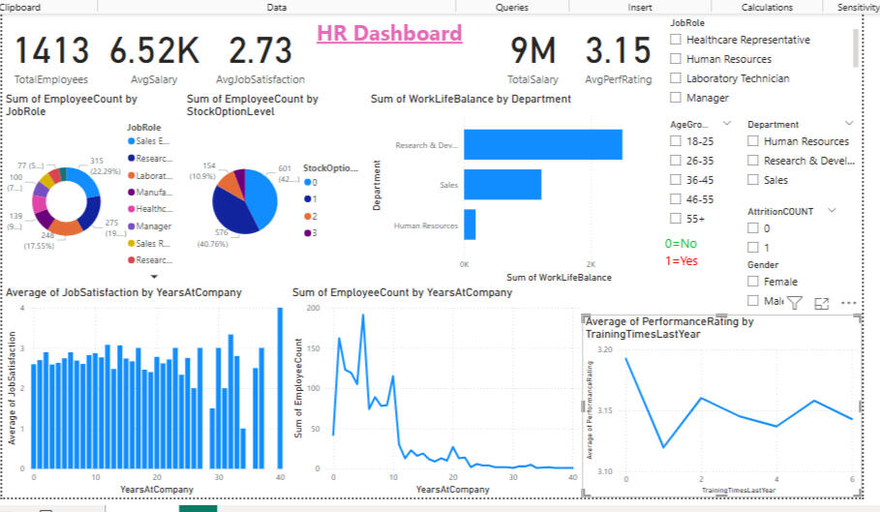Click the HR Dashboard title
389,34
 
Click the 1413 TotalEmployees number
51,51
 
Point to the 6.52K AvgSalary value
154,51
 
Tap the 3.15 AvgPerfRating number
619,51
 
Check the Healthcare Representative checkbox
676,40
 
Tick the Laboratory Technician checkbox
676,78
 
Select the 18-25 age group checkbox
676,141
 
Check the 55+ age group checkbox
676,219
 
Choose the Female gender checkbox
753,282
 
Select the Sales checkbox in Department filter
753,180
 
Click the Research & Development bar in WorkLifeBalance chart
542,144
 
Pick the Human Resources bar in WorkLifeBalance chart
470,225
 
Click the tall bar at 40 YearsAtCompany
281,388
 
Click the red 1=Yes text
683,261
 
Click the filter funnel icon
794,303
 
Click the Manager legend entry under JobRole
154,226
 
